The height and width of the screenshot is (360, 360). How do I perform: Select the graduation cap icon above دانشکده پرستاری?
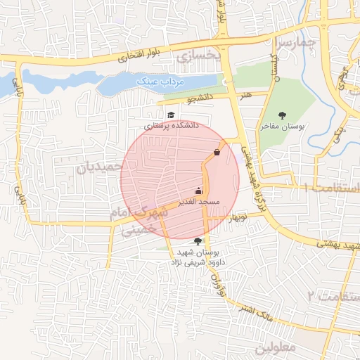170,115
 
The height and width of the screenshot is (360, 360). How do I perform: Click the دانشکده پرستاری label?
172,126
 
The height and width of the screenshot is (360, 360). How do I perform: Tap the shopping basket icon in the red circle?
217,151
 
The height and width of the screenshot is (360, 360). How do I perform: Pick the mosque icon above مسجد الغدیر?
198,191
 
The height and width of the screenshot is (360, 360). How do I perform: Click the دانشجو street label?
200,99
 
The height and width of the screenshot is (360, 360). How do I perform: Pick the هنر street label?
245,94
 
